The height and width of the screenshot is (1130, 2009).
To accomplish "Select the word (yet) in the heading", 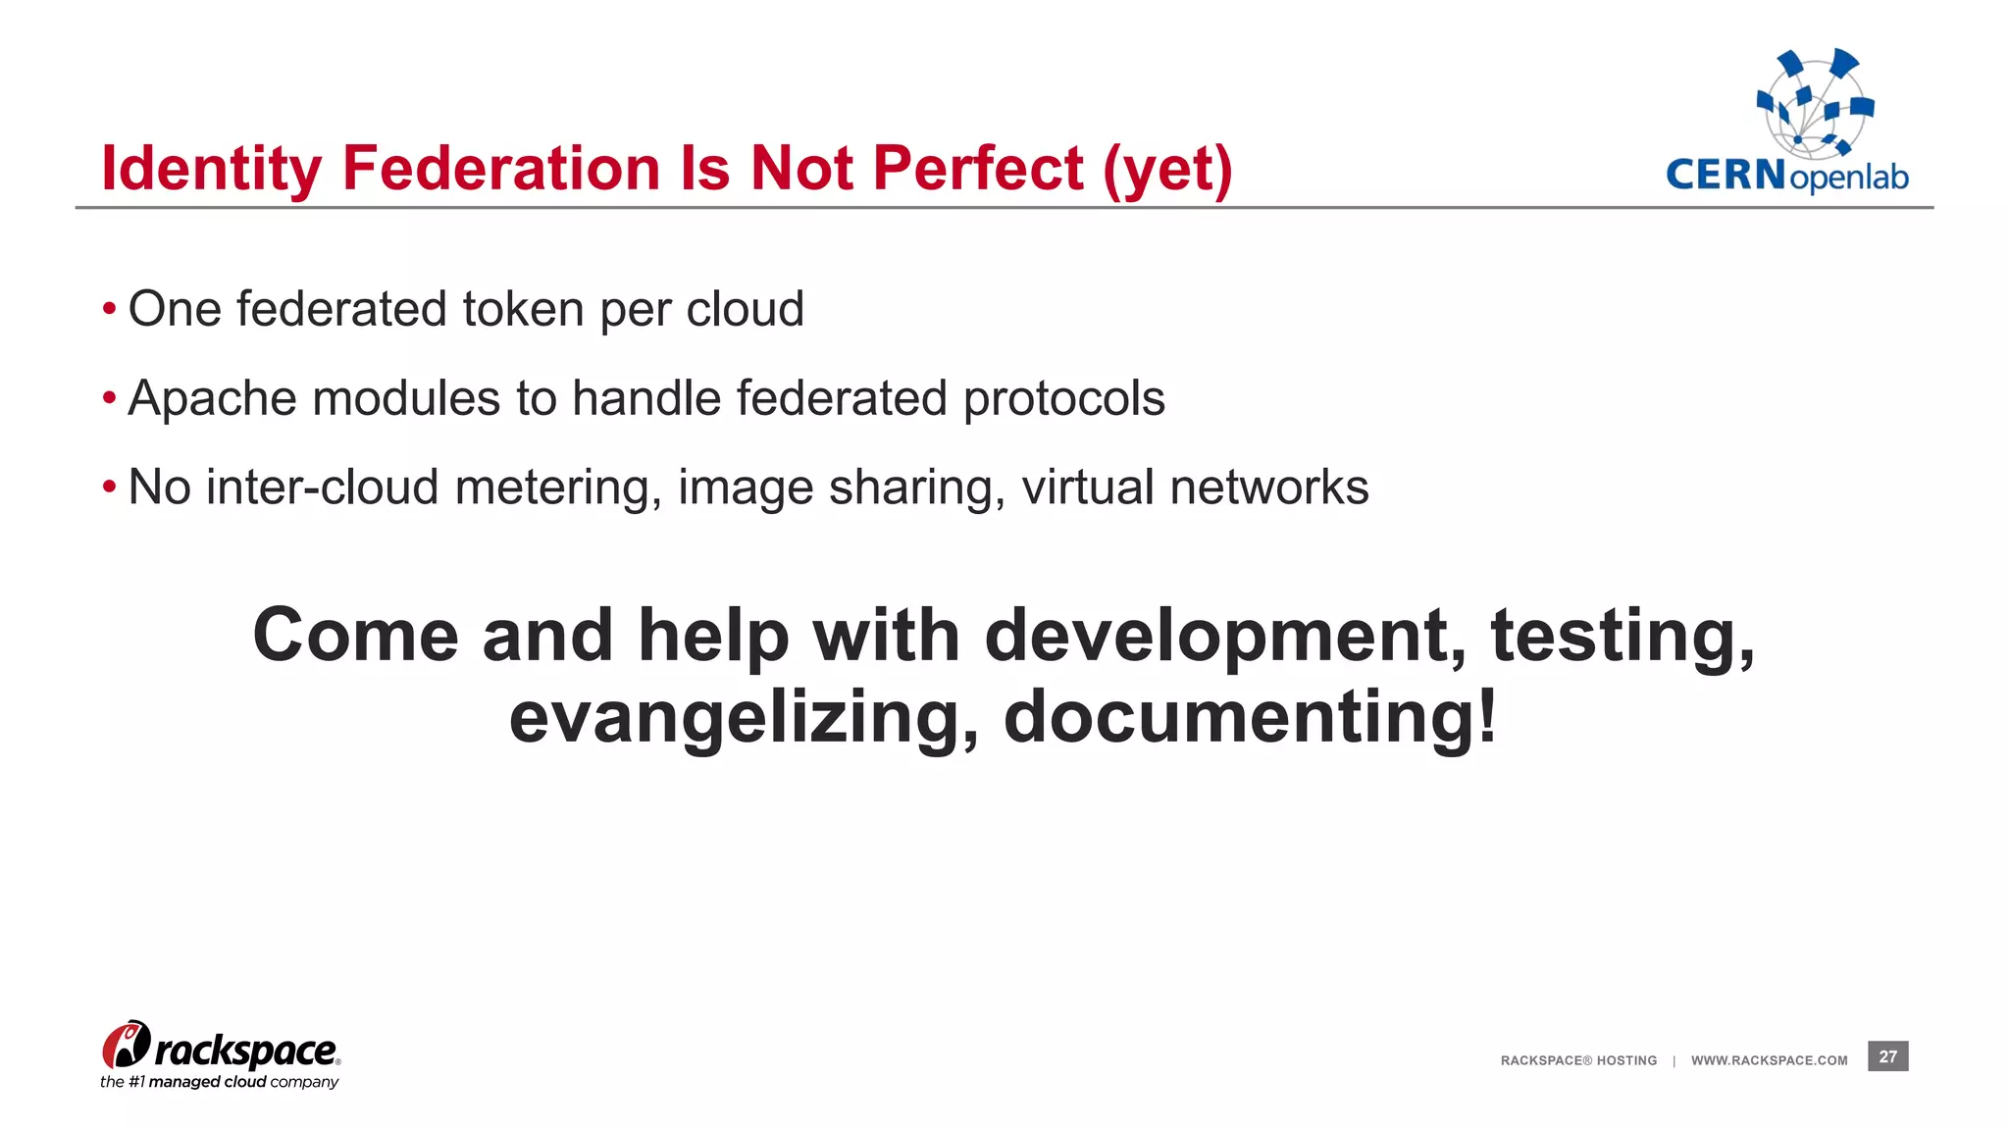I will pos(1167,170).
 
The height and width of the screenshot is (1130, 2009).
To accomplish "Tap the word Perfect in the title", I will pos(978,168).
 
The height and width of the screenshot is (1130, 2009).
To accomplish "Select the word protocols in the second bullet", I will pos(1063,399).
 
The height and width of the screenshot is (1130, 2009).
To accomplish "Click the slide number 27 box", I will pos(1887,1056).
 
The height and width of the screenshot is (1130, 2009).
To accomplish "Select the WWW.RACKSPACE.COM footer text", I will pos(1769,1060).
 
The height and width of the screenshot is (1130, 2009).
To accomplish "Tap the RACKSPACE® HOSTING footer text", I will pos(1578,1060).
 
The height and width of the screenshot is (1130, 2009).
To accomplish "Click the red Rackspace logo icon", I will pos(126,1045).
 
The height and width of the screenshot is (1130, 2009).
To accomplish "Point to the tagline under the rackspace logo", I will pos(219,1082).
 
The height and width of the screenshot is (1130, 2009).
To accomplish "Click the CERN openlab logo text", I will pos(1786,177).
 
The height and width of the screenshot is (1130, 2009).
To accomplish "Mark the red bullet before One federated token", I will pos(110,310).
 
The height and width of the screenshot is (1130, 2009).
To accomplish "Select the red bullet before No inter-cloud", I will pos(110,488).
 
